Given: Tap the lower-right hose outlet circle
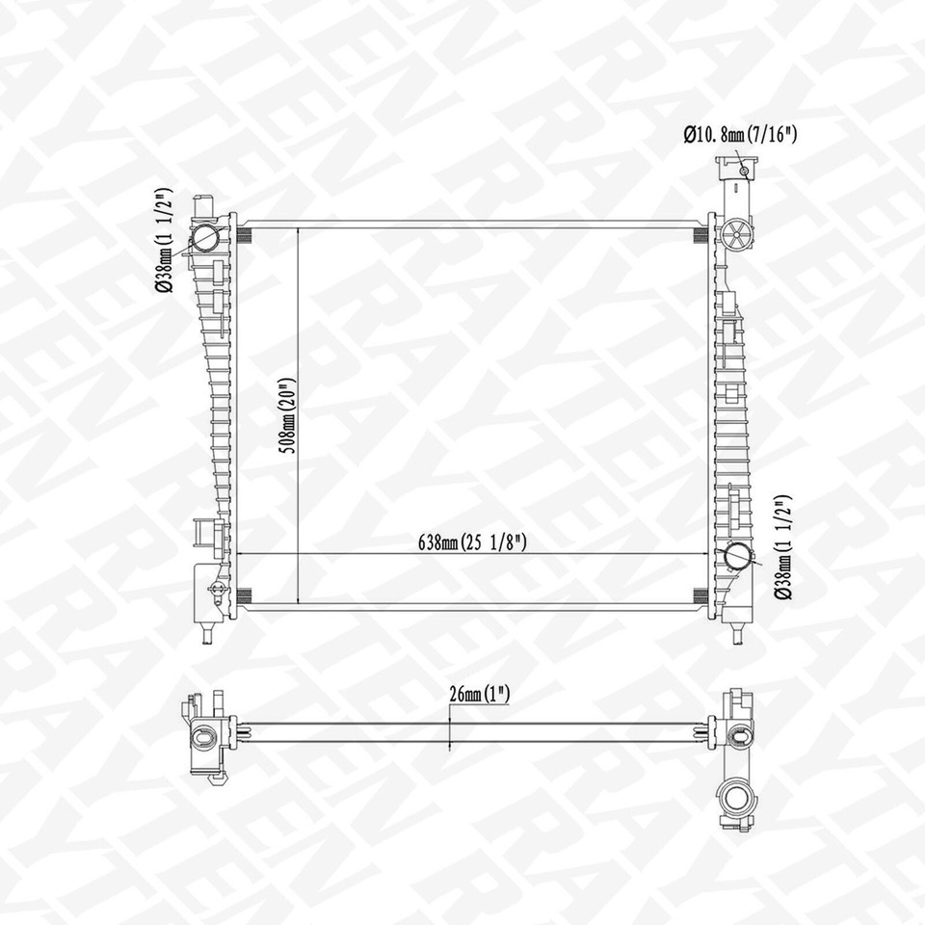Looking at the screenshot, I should point(738,557).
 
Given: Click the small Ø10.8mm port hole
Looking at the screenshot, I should point(745,172).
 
